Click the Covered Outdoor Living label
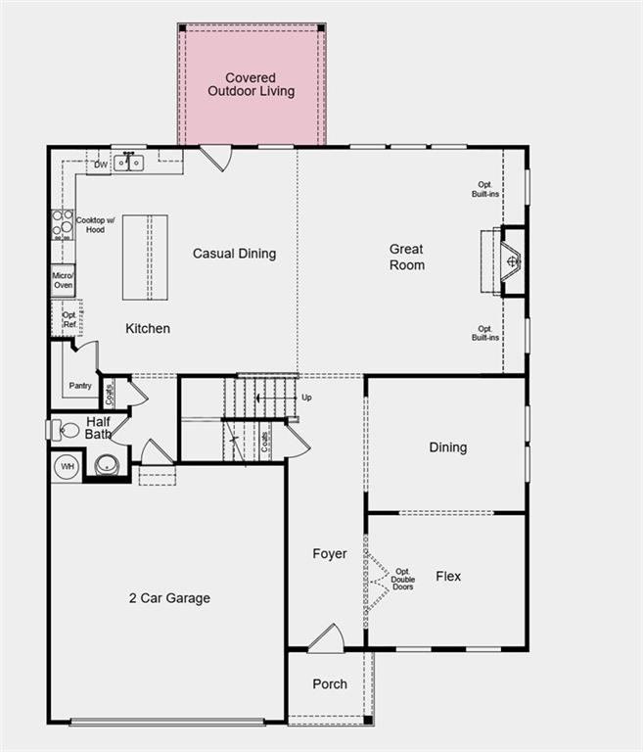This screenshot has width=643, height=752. pyautogui.click(x=251, y=85)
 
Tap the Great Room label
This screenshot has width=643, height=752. pyautogui.click(x=407, y=258)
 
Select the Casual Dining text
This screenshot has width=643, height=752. pyautogui.click(x=234, y=254)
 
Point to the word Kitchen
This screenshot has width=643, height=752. pyautogui.click(x=147, y=328)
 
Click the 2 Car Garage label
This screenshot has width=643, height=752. pyautogui.click(x=169, y=598)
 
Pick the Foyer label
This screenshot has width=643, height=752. pyautogui.click(x=330, y=554)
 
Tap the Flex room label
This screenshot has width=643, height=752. pyautogui.click(x=448, y=577)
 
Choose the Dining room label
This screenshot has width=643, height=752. pyautogui.click(x=448, y=447)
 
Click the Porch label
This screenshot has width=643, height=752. pyautogui.click(x=330, y=683)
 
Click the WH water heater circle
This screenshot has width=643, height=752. pyautogui.click(x=68, y=466)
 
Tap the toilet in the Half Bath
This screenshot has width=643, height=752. pyautogui.click(x=66, y=429)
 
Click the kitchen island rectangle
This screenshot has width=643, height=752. pyautogui.click(x=145, y=257)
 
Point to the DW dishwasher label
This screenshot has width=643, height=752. pyautogui.click(x=101, y=164)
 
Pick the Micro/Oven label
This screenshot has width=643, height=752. pyautogui.click(x=64, y=280)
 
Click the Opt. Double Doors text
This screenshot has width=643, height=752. pyautogui.click(x=403, y=578)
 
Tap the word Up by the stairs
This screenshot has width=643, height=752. pyautogui.click(x=306, y=398)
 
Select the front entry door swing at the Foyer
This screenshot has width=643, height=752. pyautogui.click(x=326, y=639)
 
